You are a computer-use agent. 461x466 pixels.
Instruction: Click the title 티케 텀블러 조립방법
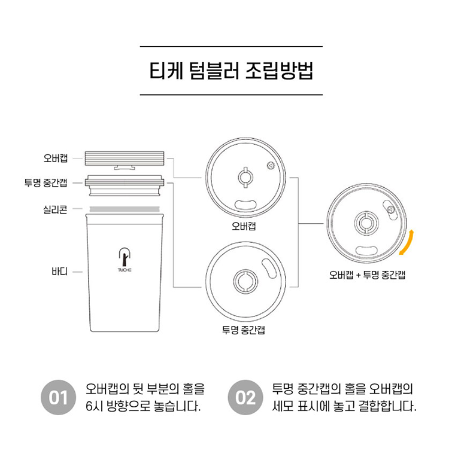pyautogui.click(x=231, y=71)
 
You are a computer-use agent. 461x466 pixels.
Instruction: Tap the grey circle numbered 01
pyautogui.click(x=58, y=397)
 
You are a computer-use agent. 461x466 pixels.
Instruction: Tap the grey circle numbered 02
pyautogui.click(x=245, y=397)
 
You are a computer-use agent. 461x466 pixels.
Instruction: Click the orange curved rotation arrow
pyautogui.click(x=407, y=242)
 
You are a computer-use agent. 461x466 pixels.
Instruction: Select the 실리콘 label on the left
pyautogui.click(x=55, y=209)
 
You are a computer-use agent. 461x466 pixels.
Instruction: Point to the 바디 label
pyautogui.click(x=59, y=272)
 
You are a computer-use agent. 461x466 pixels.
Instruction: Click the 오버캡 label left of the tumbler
pyautogui.click(x=56, y=158)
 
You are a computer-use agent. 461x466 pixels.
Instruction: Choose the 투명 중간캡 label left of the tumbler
pyautogui.click(x=46, y=183)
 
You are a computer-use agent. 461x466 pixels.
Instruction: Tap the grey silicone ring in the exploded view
pyautogui.click(x=125, y=209)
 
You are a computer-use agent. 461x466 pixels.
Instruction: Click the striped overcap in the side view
pyautogui.click(x=125, y=159)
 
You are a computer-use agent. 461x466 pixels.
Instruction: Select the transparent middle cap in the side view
pyautogui.click(x=125, y=186)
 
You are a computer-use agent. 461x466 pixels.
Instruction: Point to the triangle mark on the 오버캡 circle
pyautogui.click(x=271, y=166)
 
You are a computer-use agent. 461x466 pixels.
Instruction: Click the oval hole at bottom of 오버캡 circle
pyautogui.click(x=245, y=205)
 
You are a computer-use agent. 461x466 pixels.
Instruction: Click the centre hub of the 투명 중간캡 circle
pyautogui.click(x=245, y=281)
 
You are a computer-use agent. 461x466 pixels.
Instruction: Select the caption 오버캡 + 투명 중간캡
pyautogui.click(x=368, y=275)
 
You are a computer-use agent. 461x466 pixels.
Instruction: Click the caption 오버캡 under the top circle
pyautogui.click(x=244, y=226)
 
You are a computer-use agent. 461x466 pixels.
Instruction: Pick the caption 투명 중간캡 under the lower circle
pyautogui.click(x=244, y=330)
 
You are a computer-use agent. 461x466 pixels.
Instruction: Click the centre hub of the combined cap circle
pyautogui.click(x=366, y=223)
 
